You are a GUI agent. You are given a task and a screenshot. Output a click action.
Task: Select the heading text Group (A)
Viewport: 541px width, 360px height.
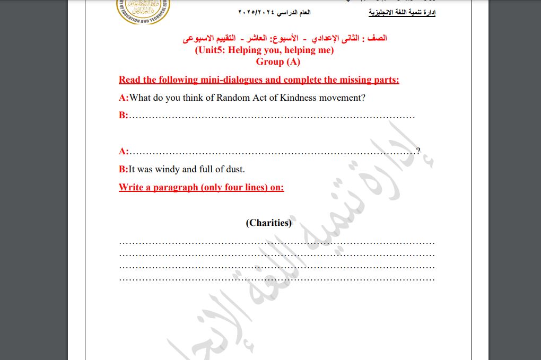click(278, 62)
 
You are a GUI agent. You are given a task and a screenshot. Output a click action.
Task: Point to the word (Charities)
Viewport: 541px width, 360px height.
click(268, 223)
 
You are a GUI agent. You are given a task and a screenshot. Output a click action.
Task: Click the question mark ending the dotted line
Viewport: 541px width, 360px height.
click(418, 151)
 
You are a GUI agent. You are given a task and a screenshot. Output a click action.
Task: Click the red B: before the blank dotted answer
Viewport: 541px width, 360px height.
click(124, 115)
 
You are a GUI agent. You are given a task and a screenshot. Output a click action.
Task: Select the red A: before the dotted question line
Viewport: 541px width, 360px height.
click(124, 151)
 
